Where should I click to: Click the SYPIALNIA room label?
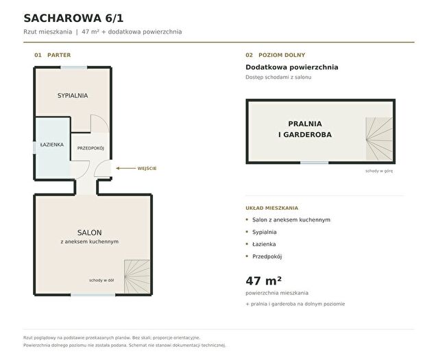[x=73, y=95]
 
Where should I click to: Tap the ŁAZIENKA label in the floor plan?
[x=51, y=145]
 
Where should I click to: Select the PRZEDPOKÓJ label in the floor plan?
[x=90, y=148]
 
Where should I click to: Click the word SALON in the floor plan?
[x=89, y=232]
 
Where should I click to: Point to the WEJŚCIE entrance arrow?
[x=125, y=168]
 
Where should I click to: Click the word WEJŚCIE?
[x=147, y=168]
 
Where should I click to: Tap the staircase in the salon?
[x=137, y=276]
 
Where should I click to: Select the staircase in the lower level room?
[x=379, y=139]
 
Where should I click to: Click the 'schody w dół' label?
[x=101, y=280]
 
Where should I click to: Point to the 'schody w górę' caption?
[x=379, y=171]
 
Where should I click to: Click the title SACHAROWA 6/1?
[x=73, y=18]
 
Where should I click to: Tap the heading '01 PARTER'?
[x=53, y=55]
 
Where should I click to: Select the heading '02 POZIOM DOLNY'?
[x=276, y=55]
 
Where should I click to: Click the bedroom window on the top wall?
[x=74, y=67]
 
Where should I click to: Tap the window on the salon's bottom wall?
[x=93, y=295]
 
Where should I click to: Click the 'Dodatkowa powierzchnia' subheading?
[x=292, y=67]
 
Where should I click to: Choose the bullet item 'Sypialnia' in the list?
[x=265, y=232]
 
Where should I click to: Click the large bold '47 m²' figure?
[x=264, y=280]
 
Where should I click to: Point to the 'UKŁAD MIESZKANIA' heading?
[x=272, y=208]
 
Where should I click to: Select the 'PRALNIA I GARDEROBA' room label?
[x=305, y=129]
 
